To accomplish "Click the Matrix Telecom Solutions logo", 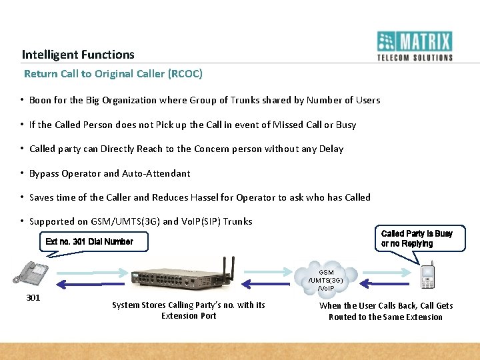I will (x=415, y=46).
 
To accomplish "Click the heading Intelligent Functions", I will (x=78, y=55).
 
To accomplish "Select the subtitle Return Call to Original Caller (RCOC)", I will (x=113, y=73).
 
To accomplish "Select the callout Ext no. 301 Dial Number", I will (x=89, y=241).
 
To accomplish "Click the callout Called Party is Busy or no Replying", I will (x=416, y=239).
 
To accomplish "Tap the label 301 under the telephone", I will (x=33, y=297).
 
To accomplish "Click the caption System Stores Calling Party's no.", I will (x=189, y=310).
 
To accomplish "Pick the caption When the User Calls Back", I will (x=385, y=311).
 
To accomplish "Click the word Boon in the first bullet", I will (x=41, y=100).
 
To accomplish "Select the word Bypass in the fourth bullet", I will (x=44, y=173).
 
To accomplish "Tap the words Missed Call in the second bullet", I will (x=286, y=125).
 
